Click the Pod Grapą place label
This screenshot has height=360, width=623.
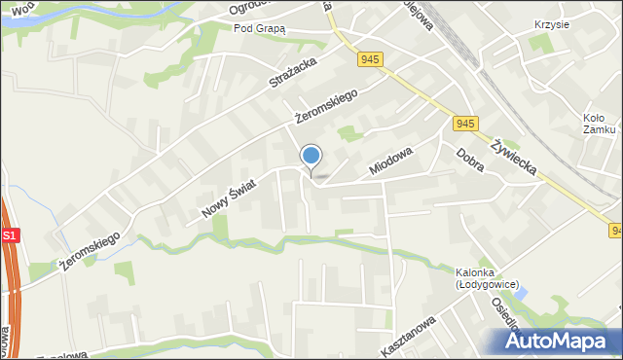[x=260, y=28]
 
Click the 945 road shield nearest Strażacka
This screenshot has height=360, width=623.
[x=369, y=60]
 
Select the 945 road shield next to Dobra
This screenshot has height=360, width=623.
[x=464, y=124]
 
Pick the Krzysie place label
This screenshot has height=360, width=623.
[x=552, y=24]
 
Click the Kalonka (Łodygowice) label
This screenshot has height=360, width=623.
[x=482, y=277]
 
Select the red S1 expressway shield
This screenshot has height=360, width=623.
[x=9, y=236]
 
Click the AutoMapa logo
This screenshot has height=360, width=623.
[x=563, y=340]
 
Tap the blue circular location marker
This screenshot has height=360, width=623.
[x=311, y=156]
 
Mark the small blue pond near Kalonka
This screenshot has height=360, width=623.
[x=521, y=292]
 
